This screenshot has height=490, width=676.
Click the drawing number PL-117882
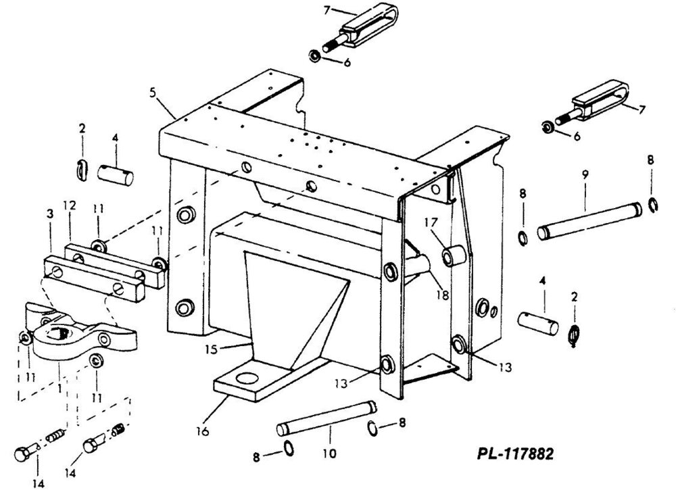(515, 454)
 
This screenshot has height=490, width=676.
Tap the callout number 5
(153, 92)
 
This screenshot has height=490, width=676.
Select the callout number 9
(585, 175)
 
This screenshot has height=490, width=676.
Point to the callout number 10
(330, 454)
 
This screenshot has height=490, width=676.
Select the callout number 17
(431, 222)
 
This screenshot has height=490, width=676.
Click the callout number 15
(211, 349)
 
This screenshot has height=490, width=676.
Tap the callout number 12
(69, 205)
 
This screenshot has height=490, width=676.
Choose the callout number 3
(50, 214)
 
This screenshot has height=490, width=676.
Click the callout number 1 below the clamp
(59, 389)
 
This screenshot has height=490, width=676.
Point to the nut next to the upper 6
(315, 56)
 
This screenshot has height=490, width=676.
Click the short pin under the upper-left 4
(115, 175)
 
